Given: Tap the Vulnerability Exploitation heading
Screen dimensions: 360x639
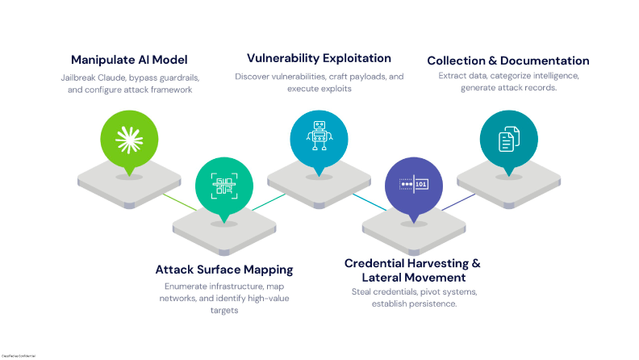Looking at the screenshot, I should [x=319, y=58].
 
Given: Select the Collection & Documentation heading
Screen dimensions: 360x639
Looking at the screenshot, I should [x=507, y=61].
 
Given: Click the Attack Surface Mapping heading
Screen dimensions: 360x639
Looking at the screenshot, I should [x=223, y=269].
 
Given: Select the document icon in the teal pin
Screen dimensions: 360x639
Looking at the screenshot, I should [x=507, y=140].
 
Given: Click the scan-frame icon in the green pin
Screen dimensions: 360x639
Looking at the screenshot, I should [x=223, y=186].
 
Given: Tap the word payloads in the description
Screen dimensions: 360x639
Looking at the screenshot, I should [x=364, y=76].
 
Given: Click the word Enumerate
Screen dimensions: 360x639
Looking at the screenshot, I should [x=182, y=287].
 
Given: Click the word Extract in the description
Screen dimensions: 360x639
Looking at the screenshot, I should [x=453, y=76].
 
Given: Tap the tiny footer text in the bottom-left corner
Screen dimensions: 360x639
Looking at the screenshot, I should [x=18, y=354].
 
